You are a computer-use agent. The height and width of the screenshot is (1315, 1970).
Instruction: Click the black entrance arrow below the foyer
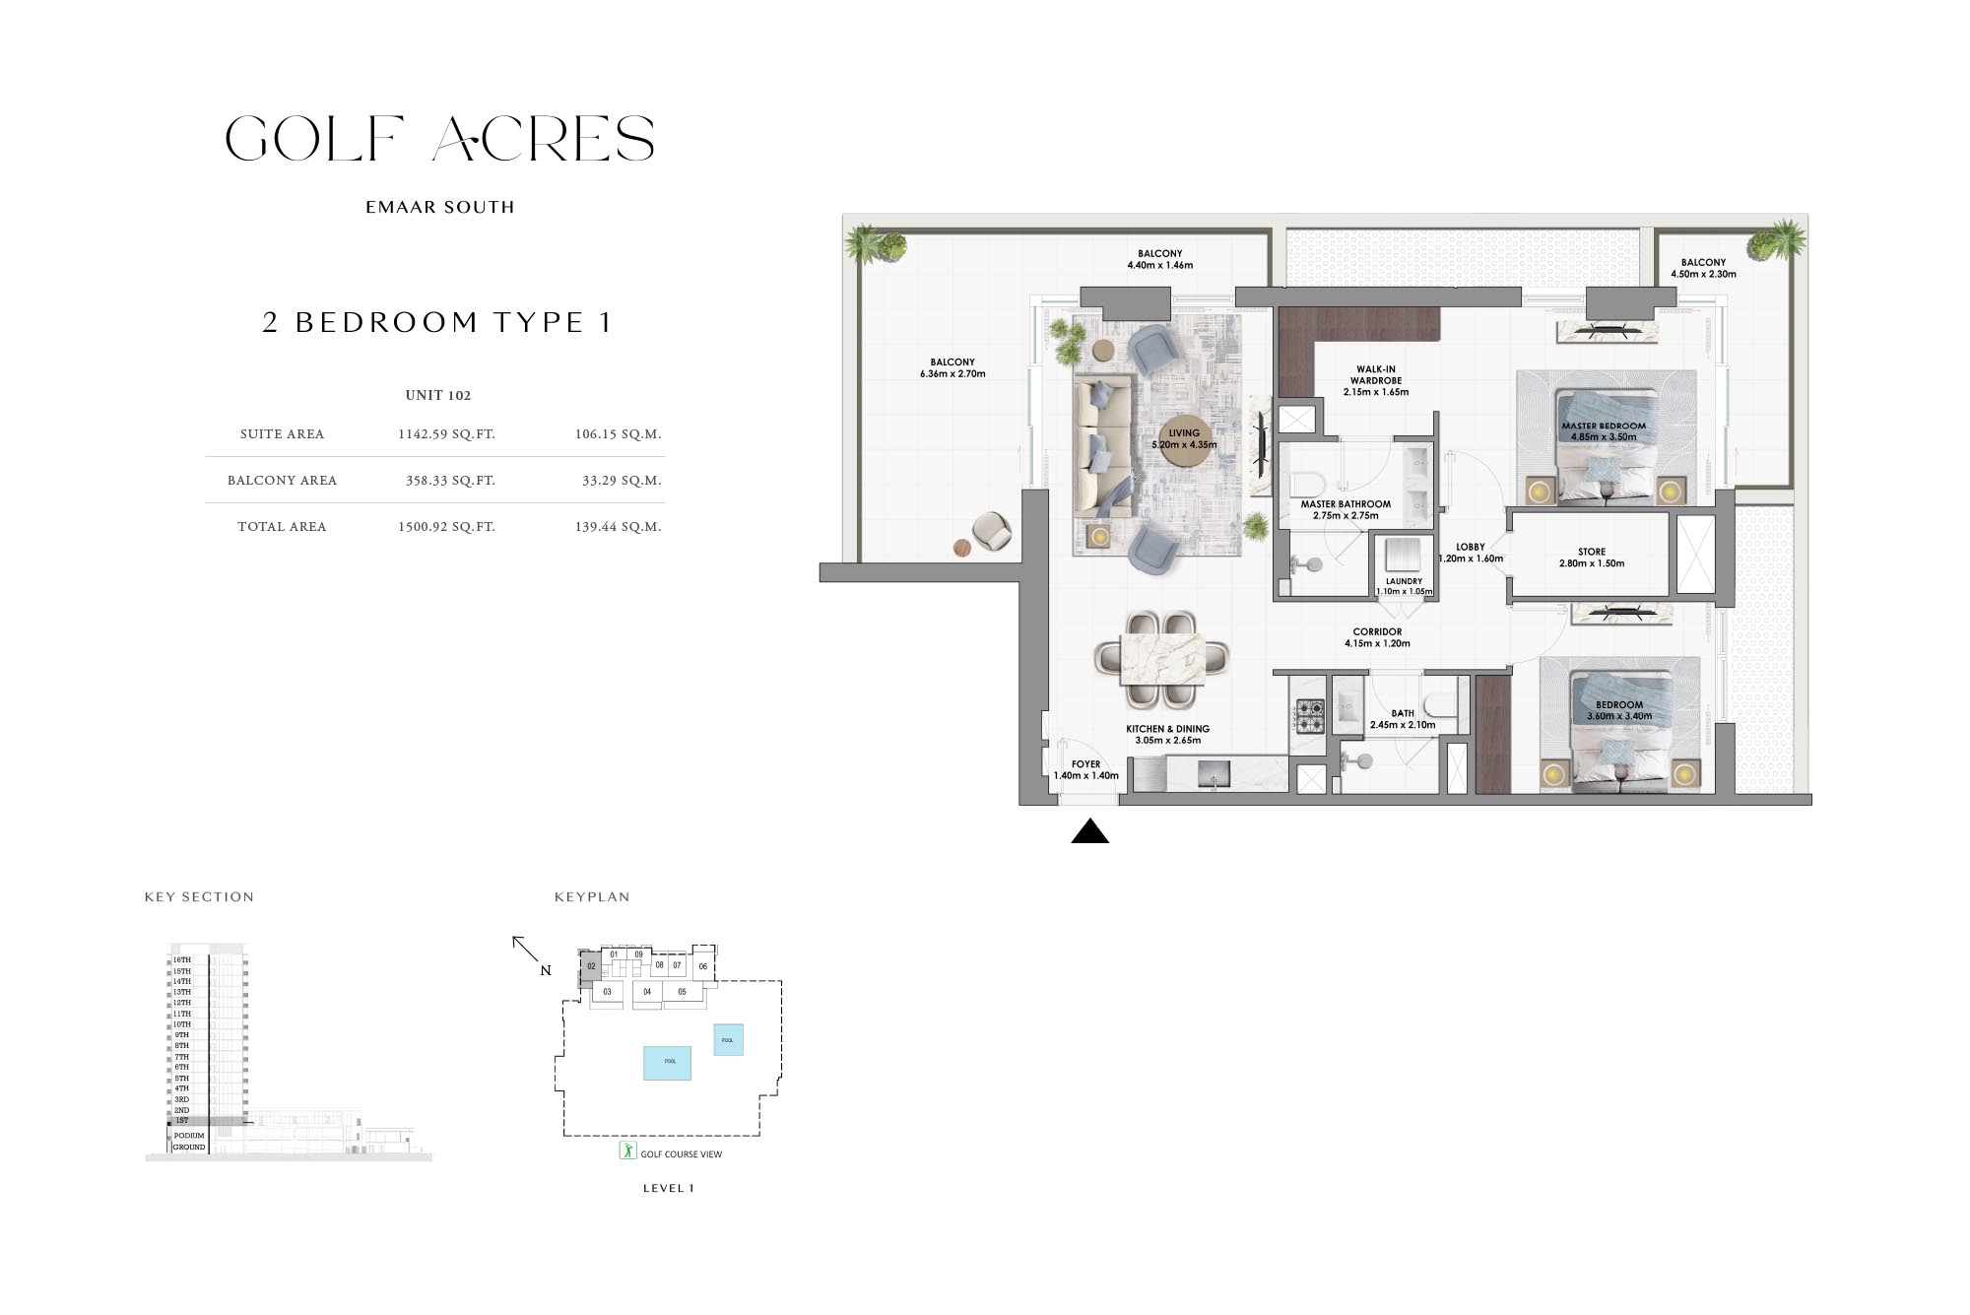1089,832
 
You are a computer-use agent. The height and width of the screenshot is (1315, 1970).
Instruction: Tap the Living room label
1184,433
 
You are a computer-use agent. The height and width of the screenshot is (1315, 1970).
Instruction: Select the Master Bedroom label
1603,427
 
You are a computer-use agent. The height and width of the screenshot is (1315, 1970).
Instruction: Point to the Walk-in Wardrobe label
1375,375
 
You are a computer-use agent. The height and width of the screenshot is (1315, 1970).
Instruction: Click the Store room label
1591,553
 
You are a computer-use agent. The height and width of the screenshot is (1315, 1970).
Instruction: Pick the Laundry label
1404,582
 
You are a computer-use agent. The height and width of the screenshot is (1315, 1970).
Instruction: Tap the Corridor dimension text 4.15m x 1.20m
1377,644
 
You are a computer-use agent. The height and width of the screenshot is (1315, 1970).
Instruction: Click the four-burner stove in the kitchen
1309,716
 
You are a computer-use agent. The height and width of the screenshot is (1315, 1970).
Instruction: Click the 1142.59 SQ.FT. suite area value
446,434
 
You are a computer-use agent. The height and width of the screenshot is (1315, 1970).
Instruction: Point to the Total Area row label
282,527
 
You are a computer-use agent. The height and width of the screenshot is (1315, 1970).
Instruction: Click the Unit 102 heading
438,396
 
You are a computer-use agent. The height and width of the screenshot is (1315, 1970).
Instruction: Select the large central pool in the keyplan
667,1063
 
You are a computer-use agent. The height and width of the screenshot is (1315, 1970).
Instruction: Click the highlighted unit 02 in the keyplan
590,967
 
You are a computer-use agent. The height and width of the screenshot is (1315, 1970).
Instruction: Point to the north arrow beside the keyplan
526,950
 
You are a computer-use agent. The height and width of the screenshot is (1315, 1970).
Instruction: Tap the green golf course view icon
627,1151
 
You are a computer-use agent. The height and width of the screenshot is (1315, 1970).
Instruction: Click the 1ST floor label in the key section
182,1121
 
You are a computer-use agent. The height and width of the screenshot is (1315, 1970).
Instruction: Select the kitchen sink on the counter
1214,775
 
